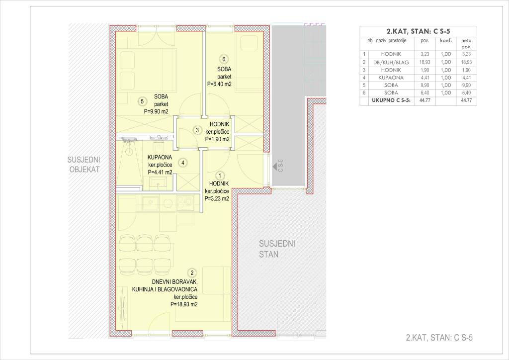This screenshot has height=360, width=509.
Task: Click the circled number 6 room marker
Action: click(x=223, y=59)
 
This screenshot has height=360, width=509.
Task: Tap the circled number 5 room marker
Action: click(x=142, y=101)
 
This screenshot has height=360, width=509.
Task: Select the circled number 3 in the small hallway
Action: click(x=197, y=130)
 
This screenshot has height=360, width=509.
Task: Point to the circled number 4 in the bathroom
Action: click(x=183, y=162)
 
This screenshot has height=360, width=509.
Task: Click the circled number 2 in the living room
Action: click(x=192, y=273)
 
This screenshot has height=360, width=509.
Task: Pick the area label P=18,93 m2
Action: click(x=184, y=304)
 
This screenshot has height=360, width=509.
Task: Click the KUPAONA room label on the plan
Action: click(x=160, y=158)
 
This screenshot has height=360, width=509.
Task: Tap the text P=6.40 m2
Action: click(x=219, y=84)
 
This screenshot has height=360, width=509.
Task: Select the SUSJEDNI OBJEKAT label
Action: click(x=84, y=165)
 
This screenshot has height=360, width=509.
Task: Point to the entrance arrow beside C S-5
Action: click(x=274, y=167)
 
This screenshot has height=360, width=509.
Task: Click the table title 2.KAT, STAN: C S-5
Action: click(x=418, y=31)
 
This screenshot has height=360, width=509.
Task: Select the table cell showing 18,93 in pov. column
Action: click(x=424, y=62)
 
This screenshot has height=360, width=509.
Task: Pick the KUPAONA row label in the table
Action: click(x=391, y=78)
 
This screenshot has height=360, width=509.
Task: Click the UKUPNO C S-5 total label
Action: click(x=391, y=100)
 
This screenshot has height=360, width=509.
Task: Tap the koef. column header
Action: click(x=446, y=41)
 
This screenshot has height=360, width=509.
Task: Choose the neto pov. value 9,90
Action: click(x=466, y=85)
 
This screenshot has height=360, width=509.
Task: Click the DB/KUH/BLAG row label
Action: click(x=391, y=62)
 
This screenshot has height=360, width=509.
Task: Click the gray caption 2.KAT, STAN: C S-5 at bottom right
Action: click(x=439, y=338)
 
